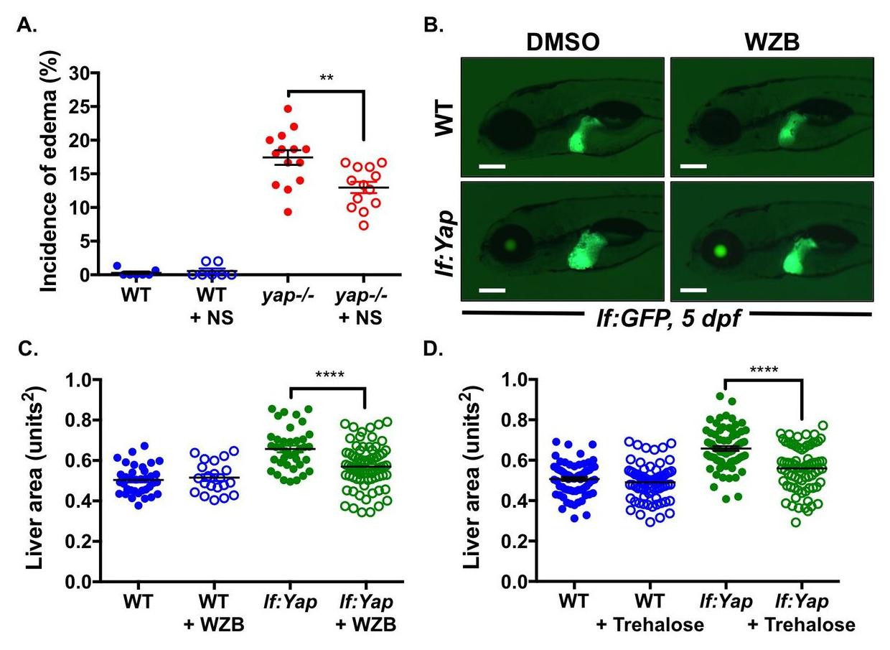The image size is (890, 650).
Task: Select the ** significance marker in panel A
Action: [x=327, y=78]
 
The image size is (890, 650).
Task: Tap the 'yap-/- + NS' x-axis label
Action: [x=362, y=305]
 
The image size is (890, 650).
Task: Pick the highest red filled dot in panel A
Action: [x=288, y=109]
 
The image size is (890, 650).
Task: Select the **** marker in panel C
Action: [x=327, y=375]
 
